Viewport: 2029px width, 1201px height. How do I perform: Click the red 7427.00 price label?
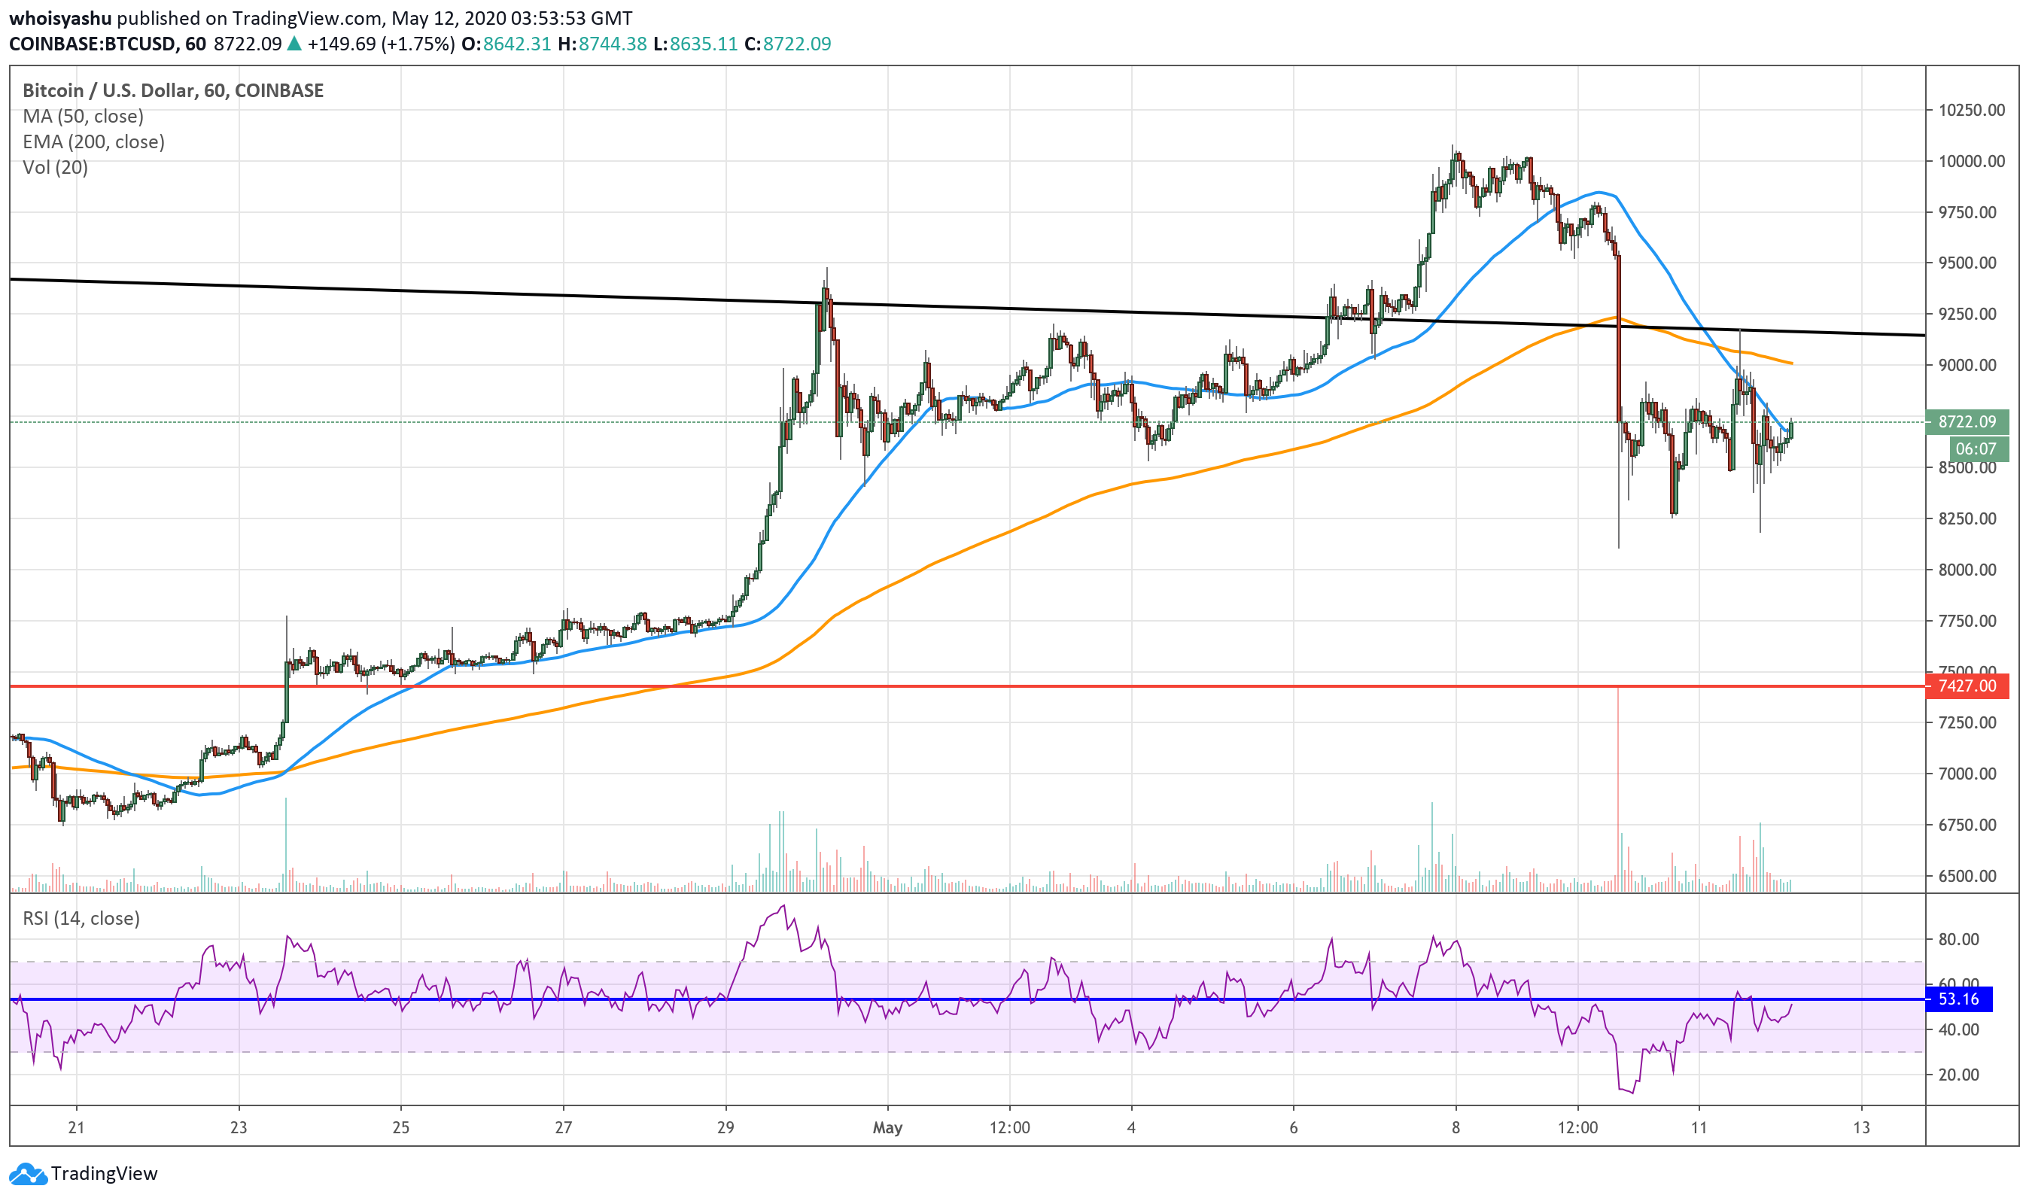(x=1967, y=686)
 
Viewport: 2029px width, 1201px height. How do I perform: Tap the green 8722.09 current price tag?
(x=1967, y=421)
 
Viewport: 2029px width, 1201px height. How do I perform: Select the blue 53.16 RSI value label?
(x=1958, y=999)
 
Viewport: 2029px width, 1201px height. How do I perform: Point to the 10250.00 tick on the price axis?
(x=1972, y=110)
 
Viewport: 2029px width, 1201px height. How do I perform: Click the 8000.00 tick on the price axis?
(x=1972, y=570)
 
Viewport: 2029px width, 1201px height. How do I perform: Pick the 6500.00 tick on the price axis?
(x=1972, y=877)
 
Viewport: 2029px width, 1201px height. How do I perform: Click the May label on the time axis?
(x=888, y=1127)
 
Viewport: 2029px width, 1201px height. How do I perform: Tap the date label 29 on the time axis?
(x=726, y=1127)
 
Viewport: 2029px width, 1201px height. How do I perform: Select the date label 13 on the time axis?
(x=1861, y=1127)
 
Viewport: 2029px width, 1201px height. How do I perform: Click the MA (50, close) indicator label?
(x=84, y=117)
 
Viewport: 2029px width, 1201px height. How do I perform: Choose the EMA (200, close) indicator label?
(x=94, y=142)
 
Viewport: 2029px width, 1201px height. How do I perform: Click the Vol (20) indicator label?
(x=55, y=168)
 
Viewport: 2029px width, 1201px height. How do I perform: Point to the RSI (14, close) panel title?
(x=81, y=919)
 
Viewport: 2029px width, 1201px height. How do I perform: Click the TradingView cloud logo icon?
(x=28, y=1173)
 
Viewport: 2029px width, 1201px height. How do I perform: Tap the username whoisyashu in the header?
(x=60, y=18)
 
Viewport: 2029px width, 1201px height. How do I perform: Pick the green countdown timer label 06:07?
(x=1976, y=449)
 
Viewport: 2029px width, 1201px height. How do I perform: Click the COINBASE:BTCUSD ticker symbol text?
(x=93, y=44)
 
